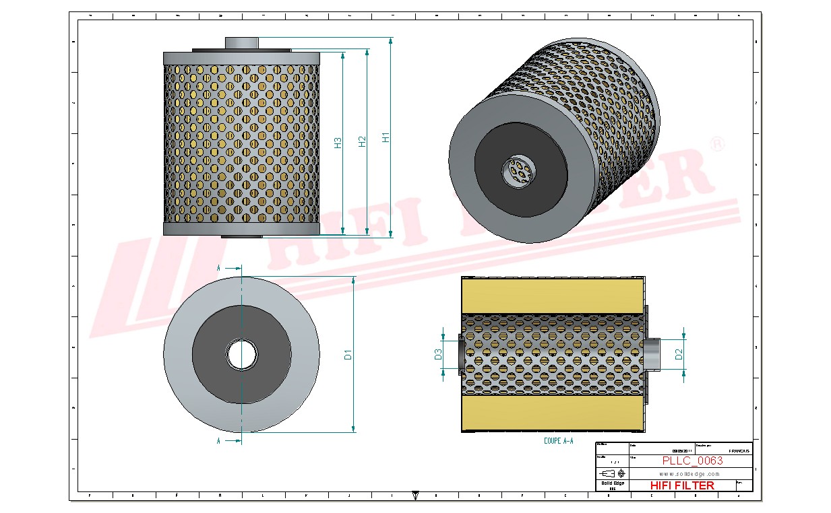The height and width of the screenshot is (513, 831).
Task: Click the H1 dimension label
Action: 386,137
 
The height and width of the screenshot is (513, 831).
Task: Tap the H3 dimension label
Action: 338,143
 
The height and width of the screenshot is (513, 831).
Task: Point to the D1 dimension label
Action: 348,354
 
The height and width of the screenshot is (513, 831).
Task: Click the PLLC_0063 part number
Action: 692,460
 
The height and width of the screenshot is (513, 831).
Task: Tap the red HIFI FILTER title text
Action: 682,485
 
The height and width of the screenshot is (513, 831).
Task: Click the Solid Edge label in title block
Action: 613,483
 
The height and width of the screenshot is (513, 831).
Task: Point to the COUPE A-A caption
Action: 558,441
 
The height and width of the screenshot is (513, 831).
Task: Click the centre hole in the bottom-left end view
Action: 241,354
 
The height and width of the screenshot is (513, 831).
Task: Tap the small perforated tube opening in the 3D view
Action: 517,172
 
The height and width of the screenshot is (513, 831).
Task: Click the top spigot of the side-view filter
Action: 241,42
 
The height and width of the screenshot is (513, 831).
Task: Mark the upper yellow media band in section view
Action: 553,295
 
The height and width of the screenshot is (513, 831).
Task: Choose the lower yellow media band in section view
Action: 553,413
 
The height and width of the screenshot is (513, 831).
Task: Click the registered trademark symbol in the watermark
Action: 718,143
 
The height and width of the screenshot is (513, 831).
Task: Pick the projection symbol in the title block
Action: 613,473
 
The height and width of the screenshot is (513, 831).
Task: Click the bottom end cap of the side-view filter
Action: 241,229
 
